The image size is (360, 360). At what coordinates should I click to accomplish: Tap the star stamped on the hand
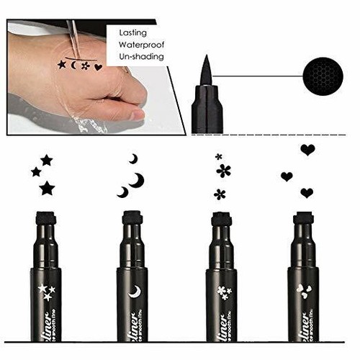[61, 66]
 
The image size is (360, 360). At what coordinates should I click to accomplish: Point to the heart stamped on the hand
[98, 67]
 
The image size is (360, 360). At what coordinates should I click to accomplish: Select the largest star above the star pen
[48, 188]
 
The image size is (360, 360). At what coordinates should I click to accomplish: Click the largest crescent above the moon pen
[136, 180]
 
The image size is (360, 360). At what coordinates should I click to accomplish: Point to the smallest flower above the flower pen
[218, 156]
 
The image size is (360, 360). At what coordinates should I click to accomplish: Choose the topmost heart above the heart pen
[307, 150]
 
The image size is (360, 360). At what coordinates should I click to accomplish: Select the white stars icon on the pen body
[47, 292]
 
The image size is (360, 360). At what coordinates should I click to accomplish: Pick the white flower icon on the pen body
[222, 292]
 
